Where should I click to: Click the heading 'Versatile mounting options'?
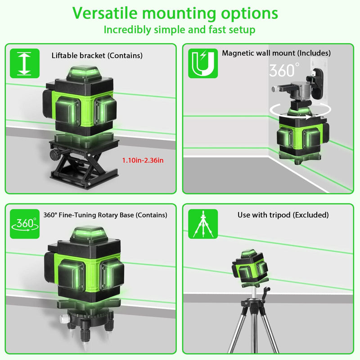tap(175, 13)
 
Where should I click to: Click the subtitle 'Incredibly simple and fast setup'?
tap(180, 30)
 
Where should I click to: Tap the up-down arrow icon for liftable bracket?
tap(25, 63)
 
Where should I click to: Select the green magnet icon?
tap(203, 63)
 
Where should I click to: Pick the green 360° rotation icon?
tap(25, 224)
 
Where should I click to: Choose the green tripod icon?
tap(203, 224)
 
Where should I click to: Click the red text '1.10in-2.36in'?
tap(143, 160)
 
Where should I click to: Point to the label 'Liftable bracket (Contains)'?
tap(97, 55)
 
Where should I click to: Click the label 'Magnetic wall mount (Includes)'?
tap(276, 53)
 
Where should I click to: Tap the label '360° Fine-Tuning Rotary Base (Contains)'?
tap(105, 215)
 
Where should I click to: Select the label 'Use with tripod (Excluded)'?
tap(283, 215)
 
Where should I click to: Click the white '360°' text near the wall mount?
tap(284, 70)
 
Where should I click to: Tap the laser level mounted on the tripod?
tap(250, 267)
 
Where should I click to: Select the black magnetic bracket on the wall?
tap(316, 84)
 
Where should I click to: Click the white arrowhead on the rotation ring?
tap(307, 117)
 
